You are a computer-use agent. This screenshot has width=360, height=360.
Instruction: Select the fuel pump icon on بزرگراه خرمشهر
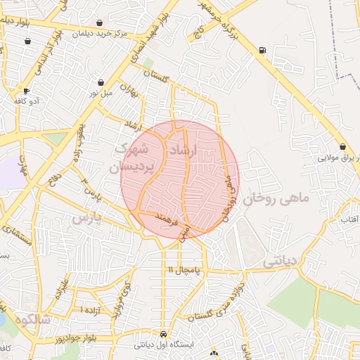262,51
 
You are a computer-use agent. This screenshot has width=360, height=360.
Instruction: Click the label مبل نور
101,93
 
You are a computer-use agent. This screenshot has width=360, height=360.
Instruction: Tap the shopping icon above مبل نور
101,82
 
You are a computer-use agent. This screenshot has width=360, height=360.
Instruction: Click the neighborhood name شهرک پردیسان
131,158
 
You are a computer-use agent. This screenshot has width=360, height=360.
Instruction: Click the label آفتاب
349,220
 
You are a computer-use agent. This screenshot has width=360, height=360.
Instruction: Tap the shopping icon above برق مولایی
342,147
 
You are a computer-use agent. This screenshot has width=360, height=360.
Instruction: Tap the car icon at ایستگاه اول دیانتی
164,334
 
